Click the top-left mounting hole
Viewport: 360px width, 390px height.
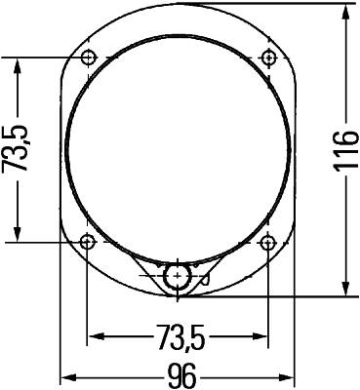pos(89,57)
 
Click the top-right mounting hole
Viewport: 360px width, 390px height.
pos(267,57)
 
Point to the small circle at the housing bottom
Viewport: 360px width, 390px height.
pos(178,276)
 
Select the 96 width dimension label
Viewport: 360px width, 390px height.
pos(180,375)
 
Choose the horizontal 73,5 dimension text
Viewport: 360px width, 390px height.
pos(179,338)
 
